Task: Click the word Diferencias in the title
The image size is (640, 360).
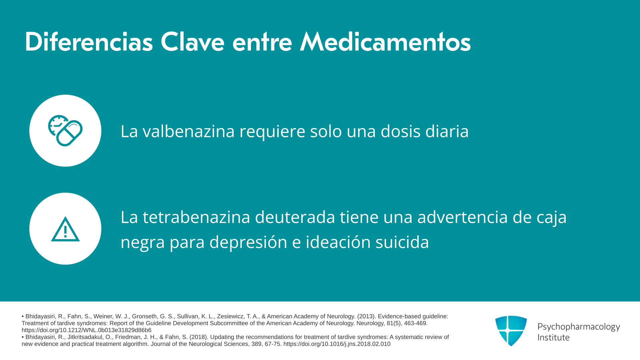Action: pos(89,42)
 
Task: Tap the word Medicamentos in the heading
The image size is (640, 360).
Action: pos(385,42)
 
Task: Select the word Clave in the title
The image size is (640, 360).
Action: pos(192,42)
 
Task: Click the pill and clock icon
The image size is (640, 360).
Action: pos(65,131)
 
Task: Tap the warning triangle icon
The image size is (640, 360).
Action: pos(65,229)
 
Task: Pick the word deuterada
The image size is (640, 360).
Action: pos(295,217)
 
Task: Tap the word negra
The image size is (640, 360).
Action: pos(143,242)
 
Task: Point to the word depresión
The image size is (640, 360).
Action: pos(248,242)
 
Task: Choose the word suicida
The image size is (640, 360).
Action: pos(402,242)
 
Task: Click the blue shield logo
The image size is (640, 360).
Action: pos(511,331)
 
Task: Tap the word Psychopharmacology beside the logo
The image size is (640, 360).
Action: pos(579,327)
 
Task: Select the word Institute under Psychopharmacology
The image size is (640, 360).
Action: pos(554,337)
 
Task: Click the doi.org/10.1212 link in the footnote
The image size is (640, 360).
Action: pos(86,330)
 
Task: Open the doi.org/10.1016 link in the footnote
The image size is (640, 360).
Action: pos(337,344)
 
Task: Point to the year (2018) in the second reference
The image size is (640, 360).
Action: pos(199,337)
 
